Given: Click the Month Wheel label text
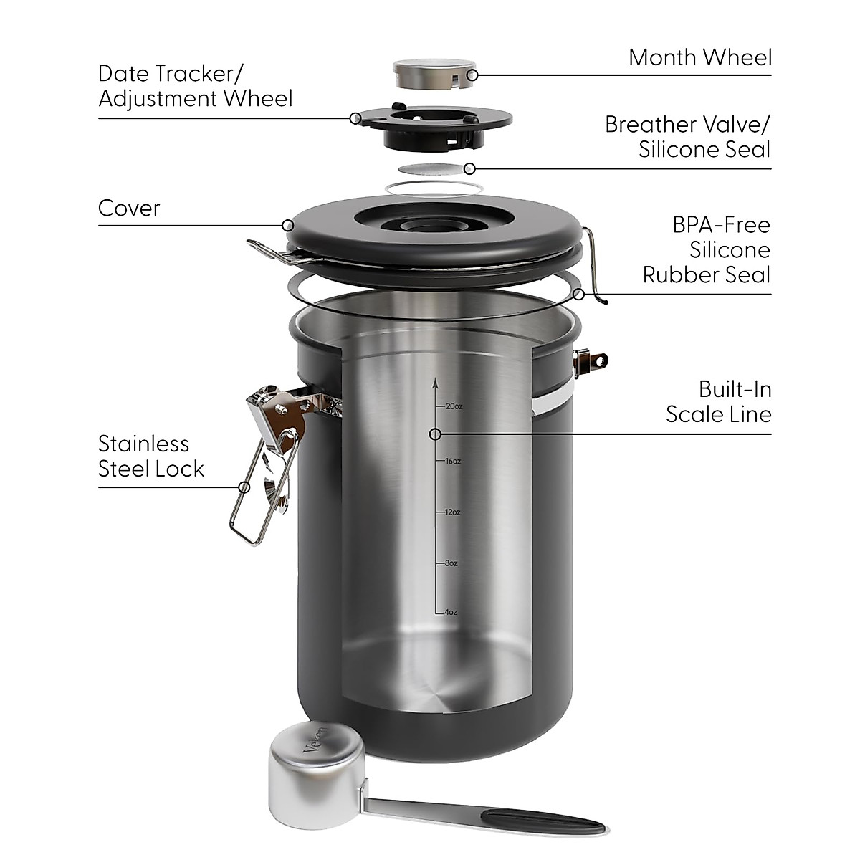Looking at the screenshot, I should pyautogui.click(x=699, y=57).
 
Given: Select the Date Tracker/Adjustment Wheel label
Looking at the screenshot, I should pyautogui.click(x=195, y=85).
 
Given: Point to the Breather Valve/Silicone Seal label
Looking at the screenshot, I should pyautogui.click(x=687, y=136).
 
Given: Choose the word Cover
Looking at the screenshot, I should pyautogui.click(x=129, y=209).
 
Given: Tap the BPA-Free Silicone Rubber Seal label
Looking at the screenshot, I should pyautogui.click(x=707, y=249).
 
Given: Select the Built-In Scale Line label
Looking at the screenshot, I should pyautogui.click(x=718, y=401).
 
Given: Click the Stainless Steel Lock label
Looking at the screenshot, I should pyautogui.click(x=151, y=456).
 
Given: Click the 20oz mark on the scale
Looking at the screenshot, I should pyautogui.click(x=453, y=406).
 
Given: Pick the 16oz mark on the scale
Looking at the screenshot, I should pyautogui.click(x=451, y=461).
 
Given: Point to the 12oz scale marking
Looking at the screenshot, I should pyautogui.click(x=451, y=512).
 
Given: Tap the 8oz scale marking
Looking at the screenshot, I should pyautogui.click(x=450, y=563).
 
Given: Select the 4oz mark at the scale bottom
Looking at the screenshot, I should pyautogui.click(x=450, y=612).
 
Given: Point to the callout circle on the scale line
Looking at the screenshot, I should pyautogui.click(x=434, y=434).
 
